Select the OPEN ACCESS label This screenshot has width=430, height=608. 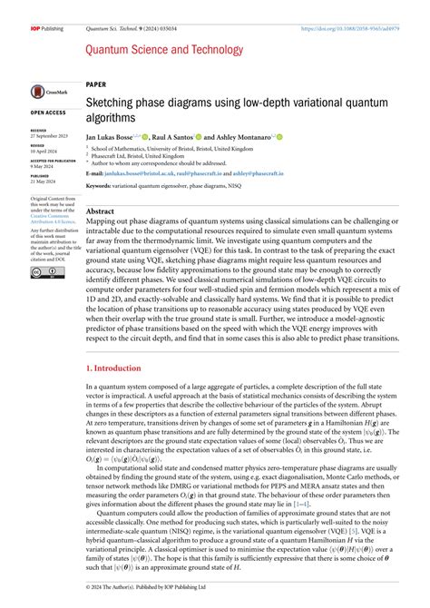[x=47, y=113]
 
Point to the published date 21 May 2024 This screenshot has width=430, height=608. [x=44, y=181]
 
